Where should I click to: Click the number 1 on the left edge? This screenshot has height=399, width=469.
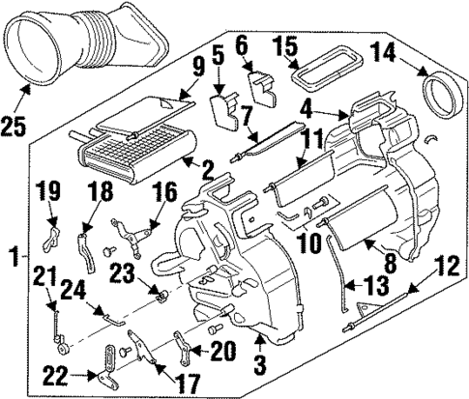[13, 258]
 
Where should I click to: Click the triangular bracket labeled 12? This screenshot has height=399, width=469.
[365, 310]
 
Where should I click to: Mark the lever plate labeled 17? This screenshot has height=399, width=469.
[138, 350]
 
